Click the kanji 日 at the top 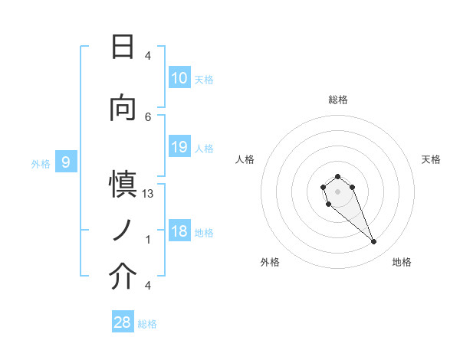point(123,47)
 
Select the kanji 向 point(123,109)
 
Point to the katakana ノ point(123,229)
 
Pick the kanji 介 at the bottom point(123,277)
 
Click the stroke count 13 point(148,194)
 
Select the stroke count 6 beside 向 point(148,116)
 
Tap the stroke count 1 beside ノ point(148,240)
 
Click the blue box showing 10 point(179,78)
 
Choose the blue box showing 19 point(179,147)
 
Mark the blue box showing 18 point(179,231)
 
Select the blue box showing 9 point(66,162)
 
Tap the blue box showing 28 point(123,322)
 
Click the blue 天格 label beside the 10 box point(204,79)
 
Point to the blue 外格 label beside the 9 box point(40,162)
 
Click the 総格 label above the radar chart point(337,100)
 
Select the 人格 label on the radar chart point(245,159)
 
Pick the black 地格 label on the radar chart point(402,262)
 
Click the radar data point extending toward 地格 point(373,242)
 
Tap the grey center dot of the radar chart point(337,191)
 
